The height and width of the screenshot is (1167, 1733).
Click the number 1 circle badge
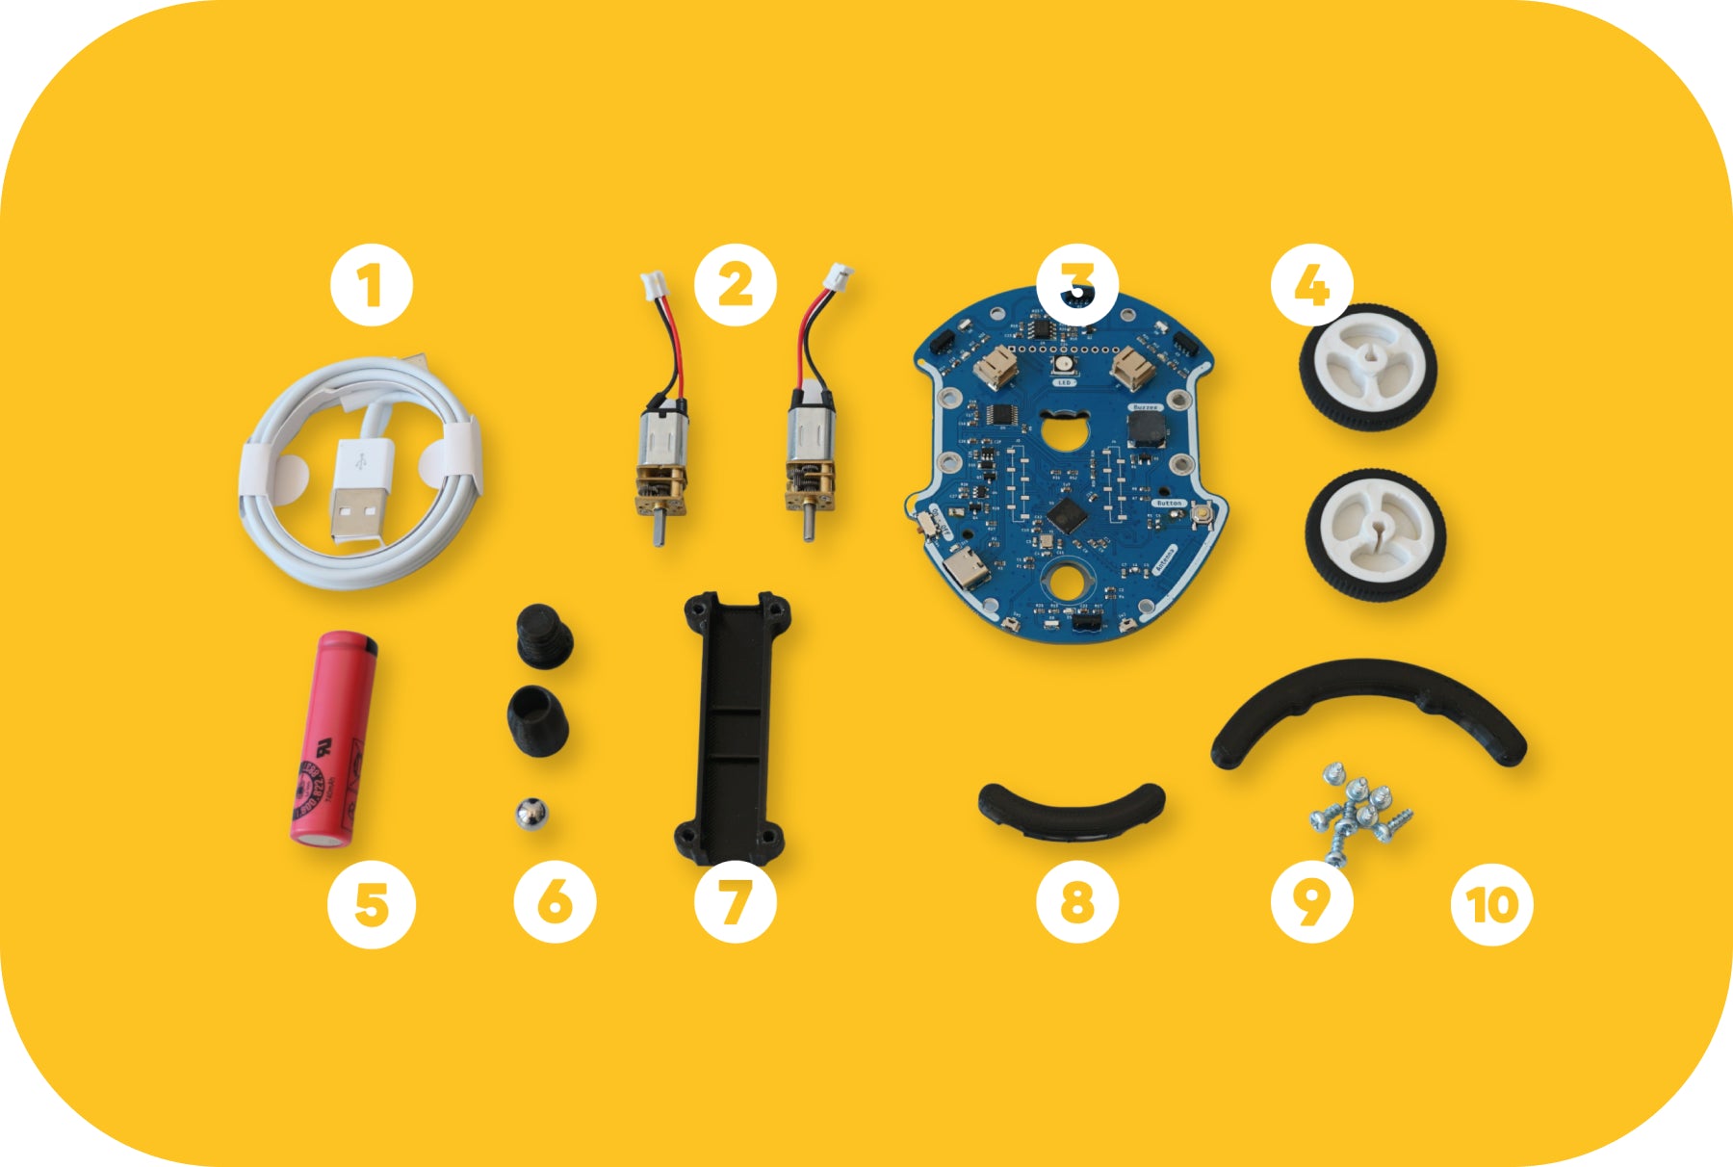[x=371, y=286]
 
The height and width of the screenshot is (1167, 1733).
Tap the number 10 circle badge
[x=1491, y=903]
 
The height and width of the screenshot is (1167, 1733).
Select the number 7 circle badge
[x=735, y=903]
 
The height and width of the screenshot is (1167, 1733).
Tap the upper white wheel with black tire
[x=1368, y=366]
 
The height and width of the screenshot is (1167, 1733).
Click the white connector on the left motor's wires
[x=652, y=284]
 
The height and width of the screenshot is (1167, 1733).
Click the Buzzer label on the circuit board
[x=1145, y=407]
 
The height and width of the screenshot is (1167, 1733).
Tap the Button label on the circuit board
[x=1169, y=503]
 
